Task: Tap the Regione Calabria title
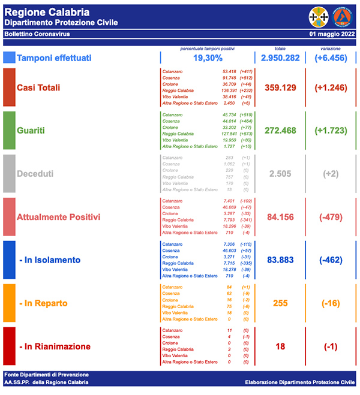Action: (47, 12)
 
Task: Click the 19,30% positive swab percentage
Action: (208, 58)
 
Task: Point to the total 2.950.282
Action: (284, 58)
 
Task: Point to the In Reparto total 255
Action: (281, 303)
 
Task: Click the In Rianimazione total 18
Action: (281, 346)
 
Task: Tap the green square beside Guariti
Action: (9, 130)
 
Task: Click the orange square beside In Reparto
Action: (9, 303)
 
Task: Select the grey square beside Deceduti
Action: (9, 173)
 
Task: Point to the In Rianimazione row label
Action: (54, 346)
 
